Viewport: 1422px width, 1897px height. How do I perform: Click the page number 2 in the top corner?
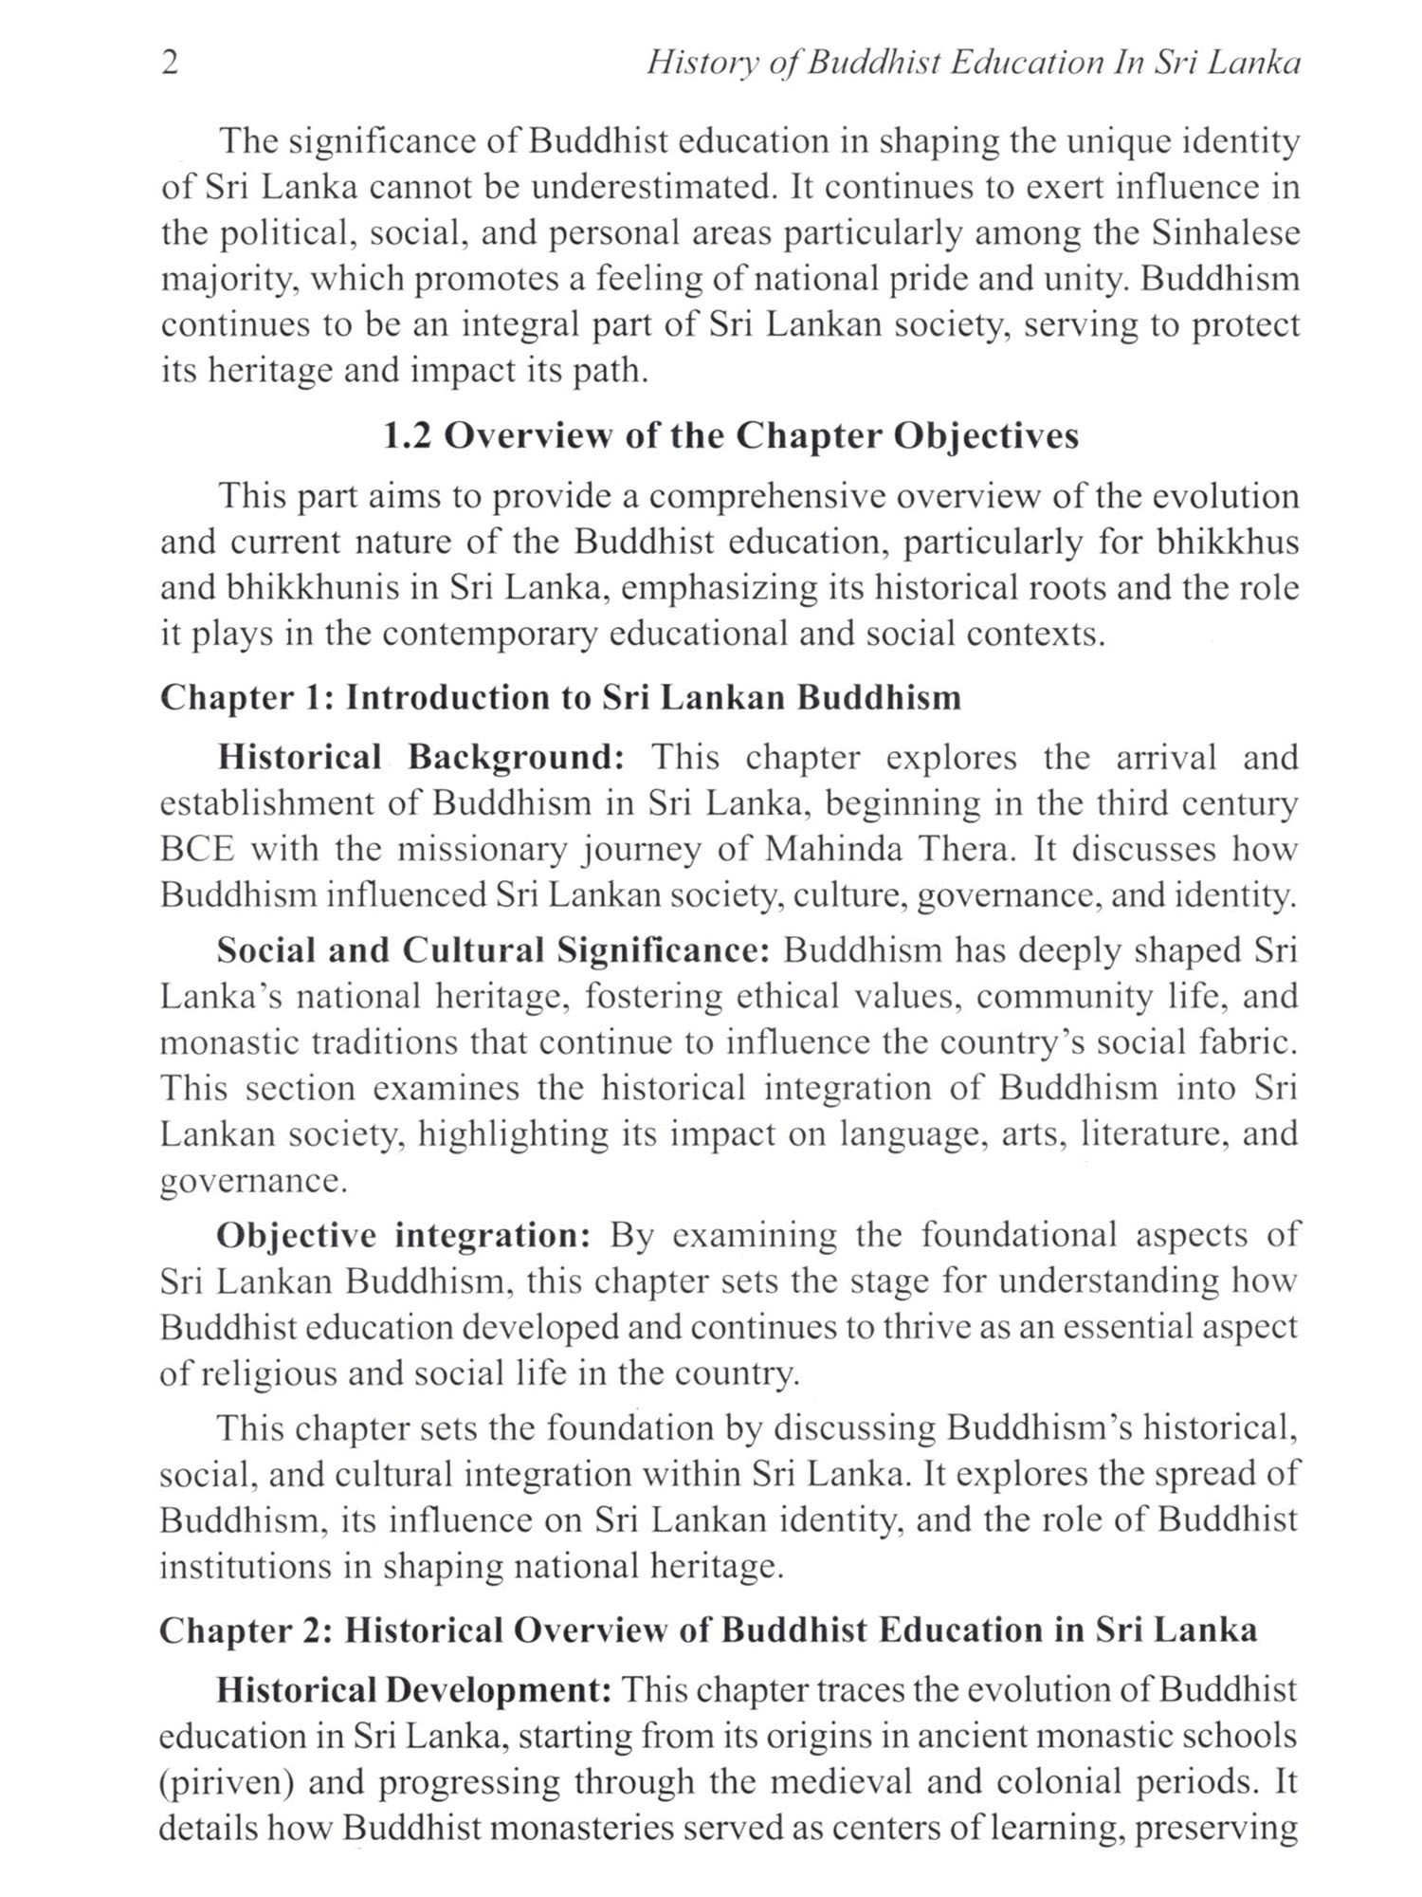click(171, 64)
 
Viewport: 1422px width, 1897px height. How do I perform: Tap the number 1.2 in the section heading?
click(407, 435)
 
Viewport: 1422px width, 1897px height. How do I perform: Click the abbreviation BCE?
click(196, 849)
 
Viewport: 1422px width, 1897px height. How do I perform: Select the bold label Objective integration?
click(405, 1236)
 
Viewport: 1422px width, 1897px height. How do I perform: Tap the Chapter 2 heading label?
click(242, 1630)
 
